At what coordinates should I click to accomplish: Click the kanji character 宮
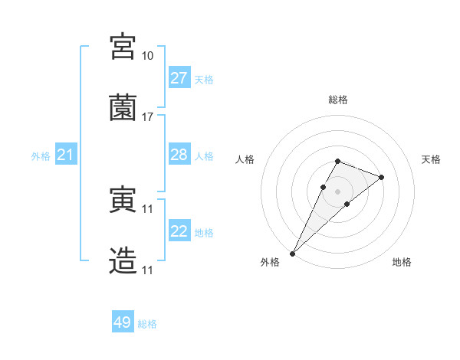[123, 47]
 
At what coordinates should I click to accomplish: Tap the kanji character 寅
[123, 201]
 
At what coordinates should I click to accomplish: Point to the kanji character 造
[123, 260]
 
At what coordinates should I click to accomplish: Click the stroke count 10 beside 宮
[147, 56]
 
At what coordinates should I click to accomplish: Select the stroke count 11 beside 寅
[147, 208]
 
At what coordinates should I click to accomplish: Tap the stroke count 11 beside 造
[147, 270]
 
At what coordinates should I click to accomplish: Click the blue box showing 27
[179, 78]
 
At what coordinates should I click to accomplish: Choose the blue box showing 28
[179, 155]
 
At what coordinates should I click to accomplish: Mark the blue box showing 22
[179, 231]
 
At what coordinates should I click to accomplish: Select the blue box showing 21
[66, 155]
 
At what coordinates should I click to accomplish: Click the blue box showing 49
[123, 322]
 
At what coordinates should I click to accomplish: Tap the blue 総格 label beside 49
[148, 324]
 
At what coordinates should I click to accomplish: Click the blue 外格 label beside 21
[41, 156]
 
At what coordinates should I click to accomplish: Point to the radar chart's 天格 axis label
[431, 159]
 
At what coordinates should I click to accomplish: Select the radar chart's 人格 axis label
[245, 159]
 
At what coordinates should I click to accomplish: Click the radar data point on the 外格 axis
[292, 253]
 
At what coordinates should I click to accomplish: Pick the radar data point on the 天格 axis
[382, 177]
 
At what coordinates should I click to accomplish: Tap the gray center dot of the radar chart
[337, 190]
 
